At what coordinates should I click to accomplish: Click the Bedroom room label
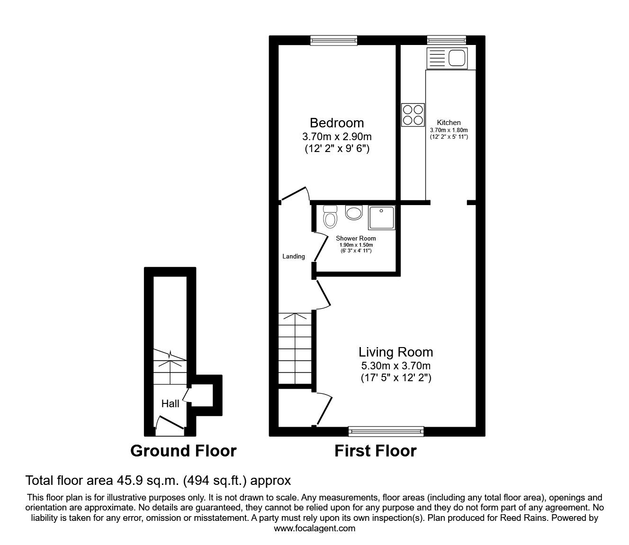[x=337, y=123]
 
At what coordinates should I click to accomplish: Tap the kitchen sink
[x=447, y=58]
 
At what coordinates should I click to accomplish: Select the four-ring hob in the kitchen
[x=413, y=115]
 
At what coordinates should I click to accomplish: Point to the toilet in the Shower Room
[x=330, y=216]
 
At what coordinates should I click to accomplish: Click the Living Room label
[x=395, y=352]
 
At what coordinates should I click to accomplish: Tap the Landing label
[x=294, y=257]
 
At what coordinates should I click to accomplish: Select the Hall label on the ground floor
[x=171, y=403]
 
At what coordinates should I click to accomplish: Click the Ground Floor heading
[x=183, y=451]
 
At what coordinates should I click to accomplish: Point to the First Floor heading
[x=375, y=451]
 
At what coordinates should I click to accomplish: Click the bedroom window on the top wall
[x=333, y=41]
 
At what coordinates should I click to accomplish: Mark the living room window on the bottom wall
[x=386, y=431]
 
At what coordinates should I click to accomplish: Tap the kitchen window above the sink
[x=446, y=41]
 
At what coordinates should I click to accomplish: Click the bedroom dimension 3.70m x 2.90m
[x=337, y=136]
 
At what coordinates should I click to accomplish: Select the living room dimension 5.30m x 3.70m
[x=395, y=366]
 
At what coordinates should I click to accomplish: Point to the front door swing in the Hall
[x=168, y=424]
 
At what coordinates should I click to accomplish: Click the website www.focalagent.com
[x=314, y=528]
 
